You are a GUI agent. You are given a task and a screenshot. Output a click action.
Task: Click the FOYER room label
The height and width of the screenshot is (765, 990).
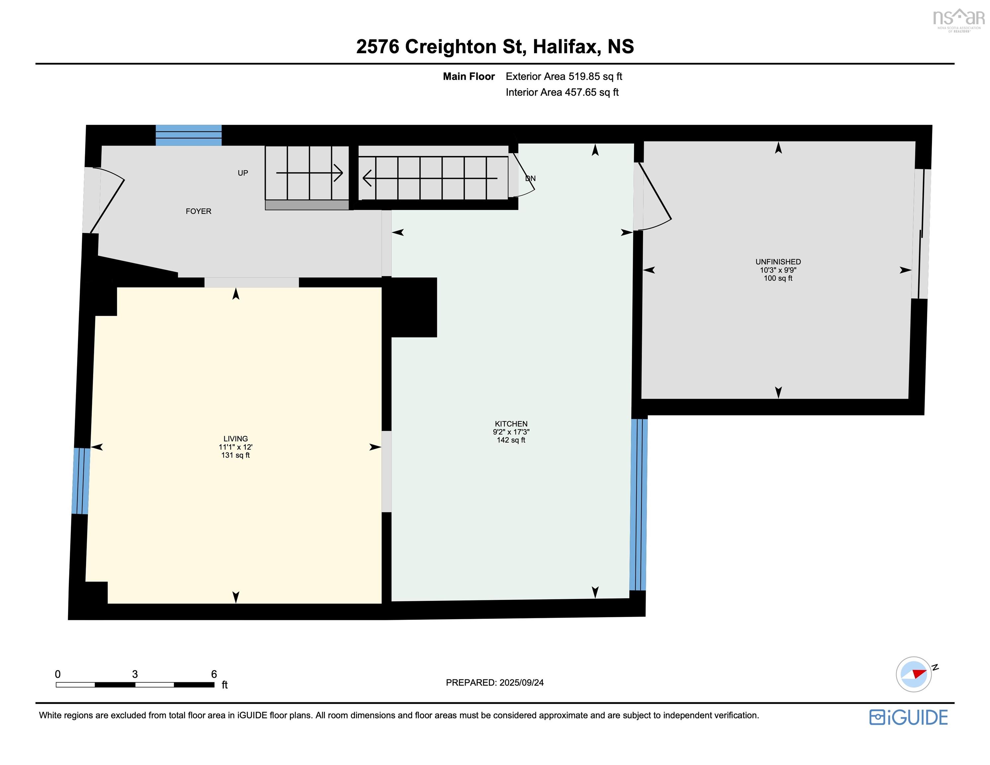point(199,211)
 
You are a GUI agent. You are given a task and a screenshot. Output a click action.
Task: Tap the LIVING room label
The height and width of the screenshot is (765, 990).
point(236,439)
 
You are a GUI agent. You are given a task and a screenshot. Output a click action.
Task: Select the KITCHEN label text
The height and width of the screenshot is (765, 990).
point(511,424)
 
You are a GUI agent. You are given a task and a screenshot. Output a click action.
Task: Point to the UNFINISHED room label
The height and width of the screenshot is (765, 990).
point(778,262)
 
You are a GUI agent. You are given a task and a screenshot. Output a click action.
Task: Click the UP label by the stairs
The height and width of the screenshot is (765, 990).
point(243,173)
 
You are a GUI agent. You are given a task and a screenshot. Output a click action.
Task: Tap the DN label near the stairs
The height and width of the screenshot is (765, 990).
point(531,179)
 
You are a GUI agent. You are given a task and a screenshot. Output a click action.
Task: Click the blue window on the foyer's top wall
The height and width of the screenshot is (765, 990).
point(189,135)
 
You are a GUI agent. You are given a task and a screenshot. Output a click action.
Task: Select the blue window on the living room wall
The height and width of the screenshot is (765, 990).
point(81,481)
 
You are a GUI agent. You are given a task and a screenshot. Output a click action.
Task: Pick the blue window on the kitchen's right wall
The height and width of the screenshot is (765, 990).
point(638,504)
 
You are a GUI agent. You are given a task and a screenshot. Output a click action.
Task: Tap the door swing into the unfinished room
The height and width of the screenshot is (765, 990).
point(655,196)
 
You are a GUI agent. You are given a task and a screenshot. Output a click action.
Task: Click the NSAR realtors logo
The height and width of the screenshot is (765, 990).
point(959,20)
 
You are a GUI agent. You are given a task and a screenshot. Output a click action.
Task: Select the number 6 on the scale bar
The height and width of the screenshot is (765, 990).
point(214,674)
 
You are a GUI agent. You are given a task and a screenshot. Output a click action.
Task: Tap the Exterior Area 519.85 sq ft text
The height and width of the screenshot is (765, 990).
point(564,77)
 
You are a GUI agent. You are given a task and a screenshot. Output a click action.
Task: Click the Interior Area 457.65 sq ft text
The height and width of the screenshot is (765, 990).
point(562,93)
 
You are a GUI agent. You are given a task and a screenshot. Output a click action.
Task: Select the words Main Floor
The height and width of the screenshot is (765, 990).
point(469,77)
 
